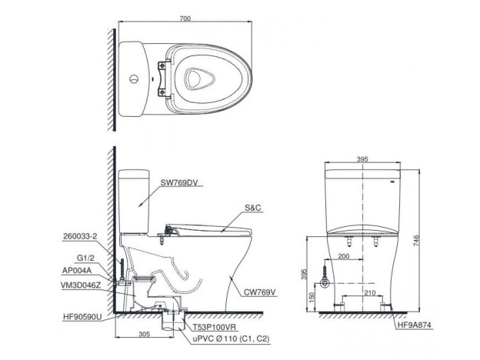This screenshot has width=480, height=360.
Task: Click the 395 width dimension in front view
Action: tap(363, 159)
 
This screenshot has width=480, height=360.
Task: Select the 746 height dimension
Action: tap(418, 239)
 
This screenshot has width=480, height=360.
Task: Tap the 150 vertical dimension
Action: tap(310, 297)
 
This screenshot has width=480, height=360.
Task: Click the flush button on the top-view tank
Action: tap(135, 78)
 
